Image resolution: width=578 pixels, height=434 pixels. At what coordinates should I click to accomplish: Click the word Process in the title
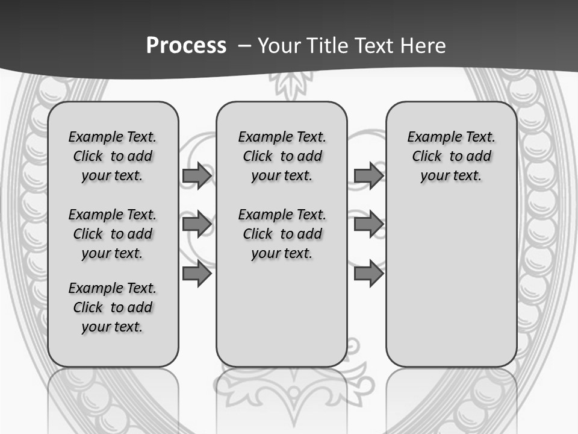(186, 46)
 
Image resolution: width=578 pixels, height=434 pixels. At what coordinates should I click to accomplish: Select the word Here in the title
(423, 46)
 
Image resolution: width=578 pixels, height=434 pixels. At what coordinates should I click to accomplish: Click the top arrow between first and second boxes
(197, 175)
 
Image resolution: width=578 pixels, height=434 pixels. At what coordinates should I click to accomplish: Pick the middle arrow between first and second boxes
(197, 224)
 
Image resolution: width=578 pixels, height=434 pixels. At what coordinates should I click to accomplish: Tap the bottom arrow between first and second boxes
(197, 274)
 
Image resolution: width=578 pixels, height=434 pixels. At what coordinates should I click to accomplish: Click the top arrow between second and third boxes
(368, 175)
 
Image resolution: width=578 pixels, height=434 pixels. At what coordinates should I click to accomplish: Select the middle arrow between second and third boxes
(368, 224)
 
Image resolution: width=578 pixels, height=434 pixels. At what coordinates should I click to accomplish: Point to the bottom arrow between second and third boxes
(368, 274)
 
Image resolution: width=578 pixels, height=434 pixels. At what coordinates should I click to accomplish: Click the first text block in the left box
(113, 156)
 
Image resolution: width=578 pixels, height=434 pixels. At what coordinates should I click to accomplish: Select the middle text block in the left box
(113, 234)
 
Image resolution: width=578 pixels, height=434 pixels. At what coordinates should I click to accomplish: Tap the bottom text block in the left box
(113, 307)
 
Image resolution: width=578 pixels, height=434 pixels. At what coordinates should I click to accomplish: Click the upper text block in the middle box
(282, 156)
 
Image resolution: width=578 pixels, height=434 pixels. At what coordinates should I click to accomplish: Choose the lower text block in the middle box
(282, 234)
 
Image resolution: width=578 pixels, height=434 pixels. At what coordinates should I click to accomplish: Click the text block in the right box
(451, 156)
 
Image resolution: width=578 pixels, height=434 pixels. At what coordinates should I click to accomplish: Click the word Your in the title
(279, 46)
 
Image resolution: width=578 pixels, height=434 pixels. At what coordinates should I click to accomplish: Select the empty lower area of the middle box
(282, 313)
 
